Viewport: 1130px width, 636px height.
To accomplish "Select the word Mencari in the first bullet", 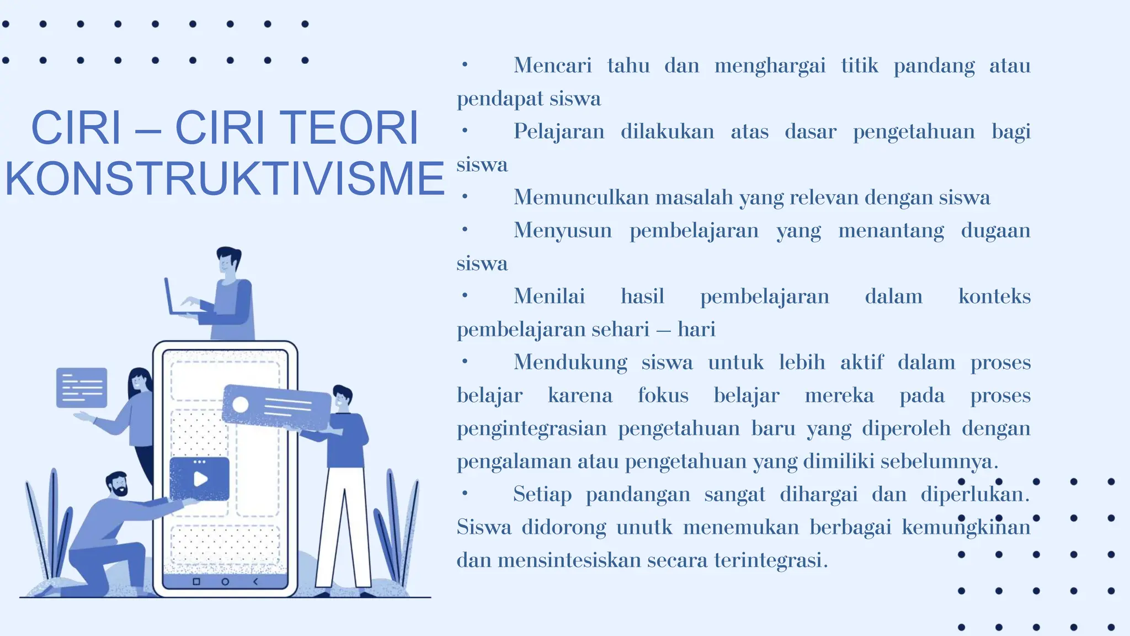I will point(552,66).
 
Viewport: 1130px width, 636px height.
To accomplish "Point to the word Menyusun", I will point(562,230).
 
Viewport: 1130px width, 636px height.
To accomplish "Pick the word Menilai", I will point(549,296).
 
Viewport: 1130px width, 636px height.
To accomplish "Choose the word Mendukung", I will point(570,363).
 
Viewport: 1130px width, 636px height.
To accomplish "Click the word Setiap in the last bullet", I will point(542,494).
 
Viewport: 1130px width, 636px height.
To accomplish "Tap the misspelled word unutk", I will point(644,527).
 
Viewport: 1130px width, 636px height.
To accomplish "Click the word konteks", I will point(994,296).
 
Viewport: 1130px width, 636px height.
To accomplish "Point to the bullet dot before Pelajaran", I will point(465,131).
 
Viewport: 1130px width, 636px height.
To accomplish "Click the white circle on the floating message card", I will point(241,405).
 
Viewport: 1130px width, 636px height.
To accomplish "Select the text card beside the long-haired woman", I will point(82,388).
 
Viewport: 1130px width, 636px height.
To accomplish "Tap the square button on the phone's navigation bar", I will point(196,582).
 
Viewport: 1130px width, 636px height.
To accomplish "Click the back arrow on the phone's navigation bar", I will point(255,582).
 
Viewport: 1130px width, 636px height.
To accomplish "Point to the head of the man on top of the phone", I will point(228,261).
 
